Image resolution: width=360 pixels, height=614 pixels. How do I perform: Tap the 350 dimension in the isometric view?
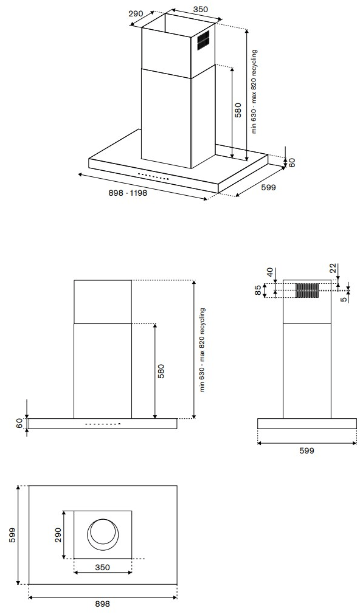(x=201, y=9)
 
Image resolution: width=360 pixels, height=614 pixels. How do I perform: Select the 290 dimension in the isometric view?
(x=136, y=13)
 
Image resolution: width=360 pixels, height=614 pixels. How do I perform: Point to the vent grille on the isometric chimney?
(x=203, y=40)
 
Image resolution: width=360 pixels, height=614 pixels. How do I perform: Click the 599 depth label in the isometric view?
(x=268, y=188)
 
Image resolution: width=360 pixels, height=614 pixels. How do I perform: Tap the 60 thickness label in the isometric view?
(x=291, y=162)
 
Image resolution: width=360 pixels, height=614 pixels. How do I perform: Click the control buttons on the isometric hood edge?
(x=153, y=176)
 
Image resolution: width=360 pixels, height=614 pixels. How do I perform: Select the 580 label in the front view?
(x=161, y=371)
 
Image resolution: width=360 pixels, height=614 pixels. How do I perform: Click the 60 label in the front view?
(x=19, y=424)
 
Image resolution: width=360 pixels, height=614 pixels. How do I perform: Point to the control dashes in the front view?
(x=103, y=424)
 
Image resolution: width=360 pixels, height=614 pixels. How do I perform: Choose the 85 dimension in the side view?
(x=258, y=291)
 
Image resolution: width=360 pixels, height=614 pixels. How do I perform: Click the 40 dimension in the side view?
(x=269, y=272)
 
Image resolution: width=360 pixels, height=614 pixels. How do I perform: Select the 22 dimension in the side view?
(x=332, y=269)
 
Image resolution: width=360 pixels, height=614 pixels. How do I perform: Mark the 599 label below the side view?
(x=306, y=450)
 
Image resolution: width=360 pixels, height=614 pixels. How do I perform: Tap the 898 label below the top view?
(x=103, y=604)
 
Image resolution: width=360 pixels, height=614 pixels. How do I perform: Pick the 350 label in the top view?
(x=103, y=567)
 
